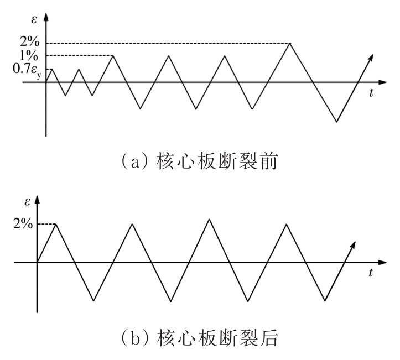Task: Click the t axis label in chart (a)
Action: click(371, 93)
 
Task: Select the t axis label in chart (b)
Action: click(371, 273)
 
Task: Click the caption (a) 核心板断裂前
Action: click(200, 162)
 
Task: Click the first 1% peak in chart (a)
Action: click(113, 55)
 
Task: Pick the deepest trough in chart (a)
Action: click(336, 122)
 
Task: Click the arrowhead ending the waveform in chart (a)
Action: click(372, 57)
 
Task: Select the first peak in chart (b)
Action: click(55, 223)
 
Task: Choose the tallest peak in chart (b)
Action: click(209, 219)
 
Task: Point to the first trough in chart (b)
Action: click(93, 301)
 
